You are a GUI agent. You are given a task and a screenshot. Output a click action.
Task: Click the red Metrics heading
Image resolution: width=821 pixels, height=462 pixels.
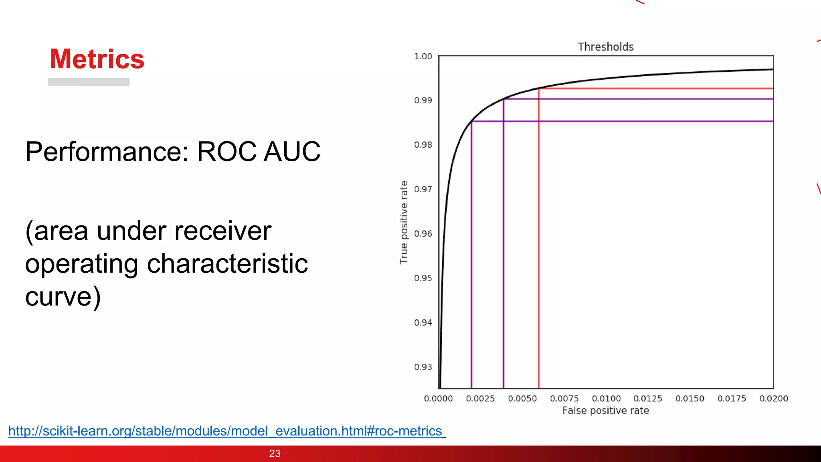pyautogui.click(x=97, y=59)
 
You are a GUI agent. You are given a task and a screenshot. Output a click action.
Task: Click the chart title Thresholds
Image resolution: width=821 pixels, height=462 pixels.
pyautogui.click(x=605, y=47)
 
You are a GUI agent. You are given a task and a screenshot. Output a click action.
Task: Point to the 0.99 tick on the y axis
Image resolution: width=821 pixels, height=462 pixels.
pyautogui.click(x=423, y=100)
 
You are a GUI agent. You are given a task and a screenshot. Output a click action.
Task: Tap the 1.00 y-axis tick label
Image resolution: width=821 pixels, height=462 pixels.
pyautogui.click(x=423, y=57)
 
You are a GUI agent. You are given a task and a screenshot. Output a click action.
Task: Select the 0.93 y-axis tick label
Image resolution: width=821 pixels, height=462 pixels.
pyautogui.click(x=423, y=367)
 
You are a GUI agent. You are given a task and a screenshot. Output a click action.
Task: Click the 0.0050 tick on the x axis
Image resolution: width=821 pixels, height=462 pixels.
pyautogui.click(x=522, y=399)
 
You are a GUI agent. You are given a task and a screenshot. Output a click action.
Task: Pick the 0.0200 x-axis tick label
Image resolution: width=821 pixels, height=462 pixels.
pyautogui.click(x=773, y=399)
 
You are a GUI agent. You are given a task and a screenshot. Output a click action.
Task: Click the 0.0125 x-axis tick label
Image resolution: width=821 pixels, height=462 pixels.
pyautogui.click(x=647, y=399)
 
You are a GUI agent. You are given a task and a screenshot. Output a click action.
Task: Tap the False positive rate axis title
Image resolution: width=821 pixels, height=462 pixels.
pyautogui.click(x=605, y=411)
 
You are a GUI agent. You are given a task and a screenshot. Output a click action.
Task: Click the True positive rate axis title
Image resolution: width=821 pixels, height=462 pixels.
pyautogui.click(x=404, y=223)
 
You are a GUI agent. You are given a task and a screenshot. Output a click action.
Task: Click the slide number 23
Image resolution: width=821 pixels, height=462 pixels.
pyautogui.click(x=275, y=454)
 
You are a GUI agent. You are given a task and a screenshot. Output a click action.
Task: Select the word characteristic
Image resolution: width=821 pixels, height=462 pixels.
pyautogui.click(x=227, y=264)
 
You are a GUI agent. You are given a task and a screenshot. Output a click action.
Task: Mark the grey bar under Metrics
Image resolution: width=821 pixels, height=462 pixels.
pyautogui.click(x=88, y=82)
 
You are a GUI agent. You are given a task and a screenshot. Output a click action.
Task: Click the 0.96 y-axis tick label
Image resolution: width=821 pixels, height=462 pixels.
pyautogui.click(x=423, y=233)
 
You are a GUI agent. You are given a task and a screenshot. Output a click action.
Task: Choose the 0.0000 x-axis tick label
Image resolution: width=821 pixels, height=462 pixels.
pyautogui.click(x=438, y=399)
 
